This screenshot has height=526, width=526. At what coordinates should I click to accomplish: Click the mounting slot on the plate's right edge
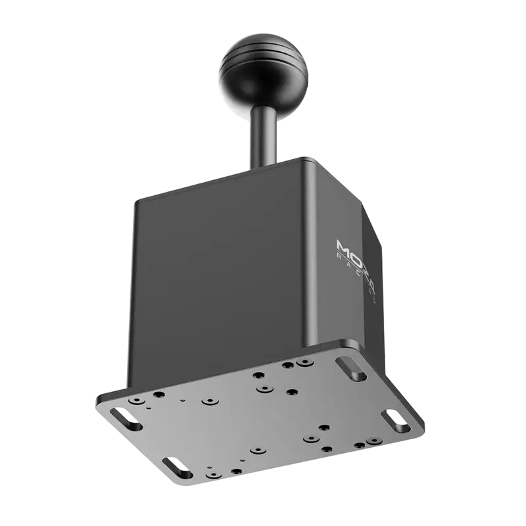pos(393,419)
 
